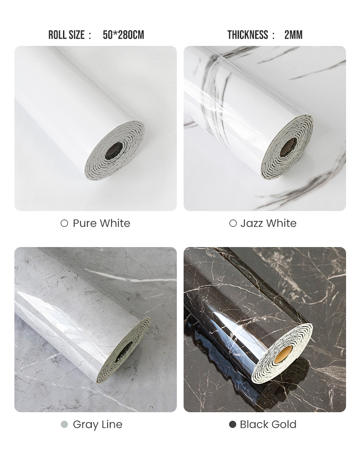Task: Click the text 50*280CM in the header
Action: [123, 35]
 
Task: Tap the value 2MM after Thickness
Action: [293, 35]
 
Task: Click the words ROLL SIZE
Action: [67, 35]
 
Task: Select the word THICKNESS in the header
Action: [247, 35]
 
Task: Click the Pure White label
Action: [101, 223]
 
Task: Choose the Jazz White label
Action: [268, 223]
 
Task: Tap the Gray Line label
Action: [97, 424]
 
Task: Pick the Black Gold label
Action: [268, 424]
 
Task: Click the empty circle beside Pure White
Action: [64, 223]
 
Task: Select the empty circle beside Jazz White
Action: [233, 223]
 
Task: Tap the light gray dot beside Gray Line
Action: [64, 424]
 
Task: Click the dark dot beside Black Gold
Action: [233, 424]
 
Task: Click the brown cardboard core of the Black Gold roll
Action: [286, 352]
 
